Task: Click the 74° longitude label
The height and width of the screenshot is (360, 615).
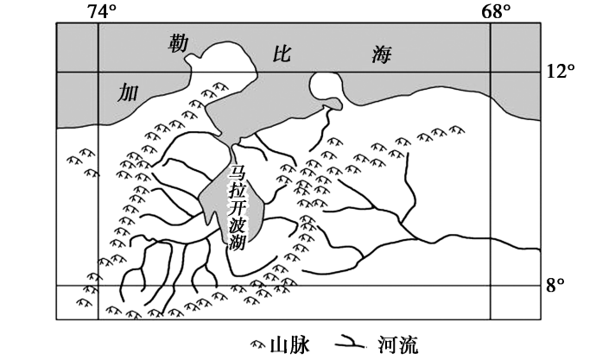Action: click(101, 10)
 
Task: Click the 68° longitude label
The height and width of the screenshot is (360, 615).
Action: click(496, 10)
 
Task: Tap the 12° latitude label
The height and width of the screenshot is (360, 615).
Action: click(562, 73)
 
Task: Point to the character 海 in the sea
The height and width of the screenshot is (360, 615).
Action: click(382, 55)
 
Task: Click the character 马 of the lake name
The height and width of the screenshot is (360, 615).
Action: click(237, 173)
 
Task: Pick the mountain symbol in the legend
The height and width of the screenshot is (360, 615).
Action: click(257, 344)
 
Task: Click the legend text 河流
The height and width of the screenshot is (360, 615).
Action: click(396, 344)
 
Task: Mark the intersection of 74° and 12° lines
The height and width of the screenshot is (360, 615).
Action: click(98, 72)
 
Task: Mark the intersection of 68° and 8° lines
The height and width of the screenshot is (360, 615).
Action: click(491, 286)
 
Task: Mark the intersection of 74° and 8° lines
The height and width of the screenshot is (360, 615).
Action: click(98, 286)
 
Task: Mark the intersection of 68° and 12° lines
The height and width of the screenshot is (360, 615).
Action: click(491, 72)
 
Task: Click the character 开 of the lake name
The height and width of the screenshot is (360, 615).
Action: click(237, 208)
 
